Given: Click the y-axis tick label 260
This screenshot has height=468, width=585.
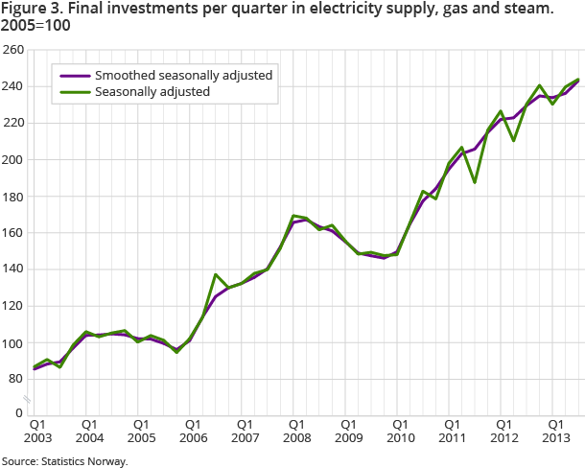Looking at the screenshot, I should click(13, 50).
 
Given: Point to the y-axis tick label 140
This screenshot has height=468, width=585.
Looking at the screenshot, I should click(13, 269).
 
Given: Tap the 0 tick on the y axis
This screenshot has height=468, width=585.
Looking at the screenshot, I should click(19, 412).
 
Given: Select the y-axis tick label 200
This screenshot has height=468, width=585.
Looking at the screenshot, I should click(13, 159).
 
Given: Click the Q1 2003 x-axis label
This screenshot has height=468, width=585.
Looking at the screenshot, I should click(36, 431).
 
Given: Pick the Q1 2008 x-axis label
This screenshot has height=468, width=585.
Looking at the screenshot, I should click(296, 431).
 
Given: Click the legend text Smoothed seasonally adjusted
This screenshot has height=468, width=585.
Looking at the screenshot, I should click(183, 75).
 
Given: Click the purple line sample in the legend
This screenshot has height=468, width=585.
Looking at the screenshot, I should click(74, 75).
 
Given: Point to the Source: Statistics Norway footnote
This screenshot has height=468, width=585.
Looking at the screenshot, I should click(64, 461).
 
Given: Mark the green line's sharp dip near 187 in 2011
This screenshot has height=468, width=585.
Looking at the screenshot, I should click(475, 182).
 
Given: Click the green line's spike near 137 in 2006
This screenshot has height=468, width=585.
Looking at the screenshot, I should click(216, 274).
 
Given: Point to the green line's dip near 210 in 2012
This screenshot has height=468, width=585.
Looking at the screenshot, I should click(514, 141).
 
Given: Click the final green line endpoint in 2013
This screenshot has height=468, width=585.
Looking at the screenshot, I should click(578, 80).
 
